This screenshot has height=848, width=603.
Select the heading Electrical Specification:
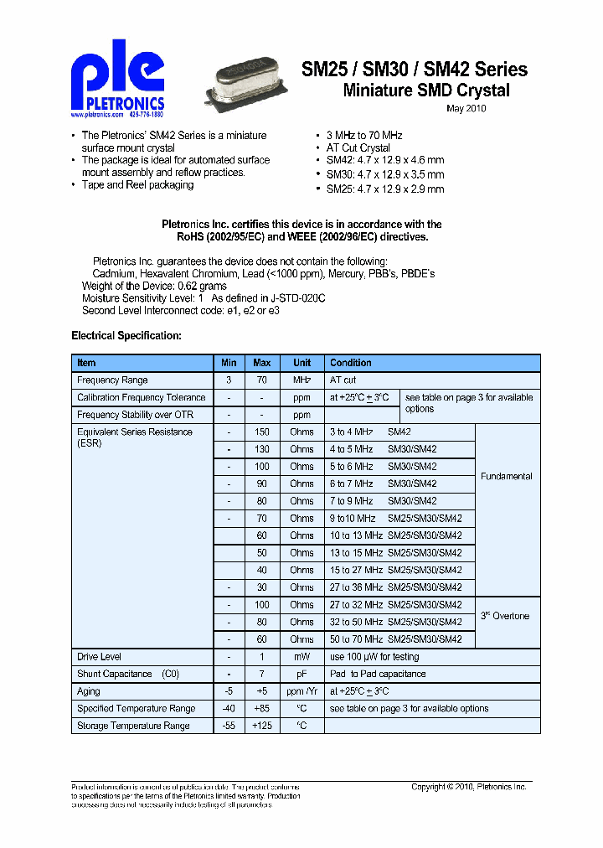126,335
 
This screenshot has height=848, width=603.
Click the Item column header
86,363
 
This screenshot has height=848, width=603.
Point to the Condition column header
350,363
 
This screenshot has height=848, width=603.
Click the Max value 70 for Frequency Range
262,380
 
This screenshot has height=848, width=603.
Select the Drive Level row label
99,657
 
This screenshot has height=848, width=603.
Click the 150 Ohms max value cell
262,432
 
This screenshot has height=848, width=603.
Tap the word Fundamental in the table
506,476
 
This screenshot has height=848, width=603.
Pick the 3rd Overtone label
505,616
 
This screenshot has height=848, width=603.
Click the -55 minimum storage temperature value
228,726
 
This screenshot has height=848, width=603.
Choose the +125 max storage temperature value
262,726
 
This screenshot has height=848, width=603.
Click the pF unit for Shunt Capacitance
301,674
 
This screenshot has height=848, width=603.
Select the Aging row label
88,691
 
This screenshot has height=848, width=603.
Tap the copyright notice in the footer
468,787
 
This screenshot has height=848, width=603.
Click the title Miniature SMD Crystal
426,90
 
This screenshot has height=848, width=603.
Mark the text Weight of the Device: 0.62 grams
154,286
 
